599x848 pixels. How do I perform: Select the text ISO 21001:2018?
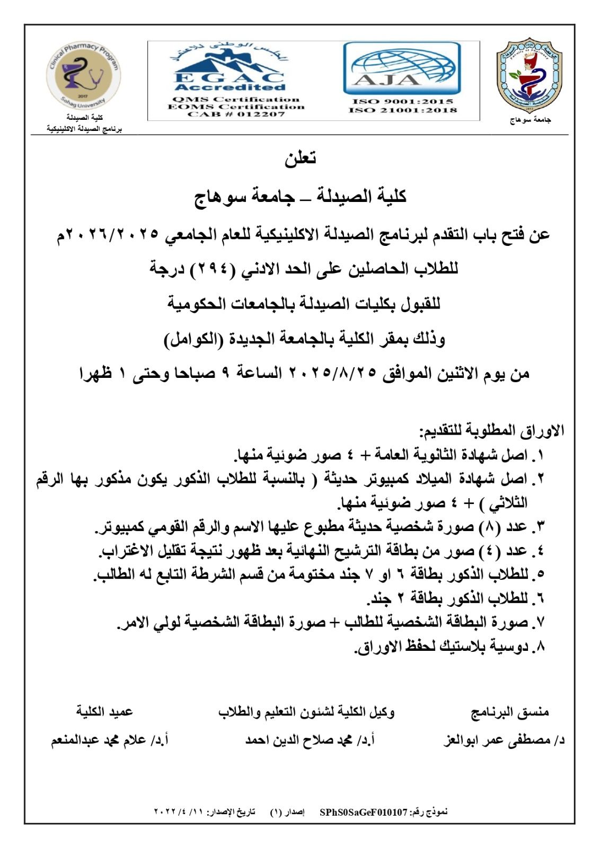point(402,110)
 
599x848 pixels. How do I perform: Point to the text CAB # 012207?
point(236,114)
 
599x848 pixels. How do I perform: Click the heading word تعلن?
point(300,158)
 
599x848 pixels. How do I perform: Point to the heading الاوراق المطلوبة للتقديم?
point(492,430)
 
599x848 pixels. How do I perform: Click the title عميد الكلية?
point(104,712)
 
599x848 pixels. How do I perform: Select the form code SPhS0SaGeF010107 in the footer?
point(363,812)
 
